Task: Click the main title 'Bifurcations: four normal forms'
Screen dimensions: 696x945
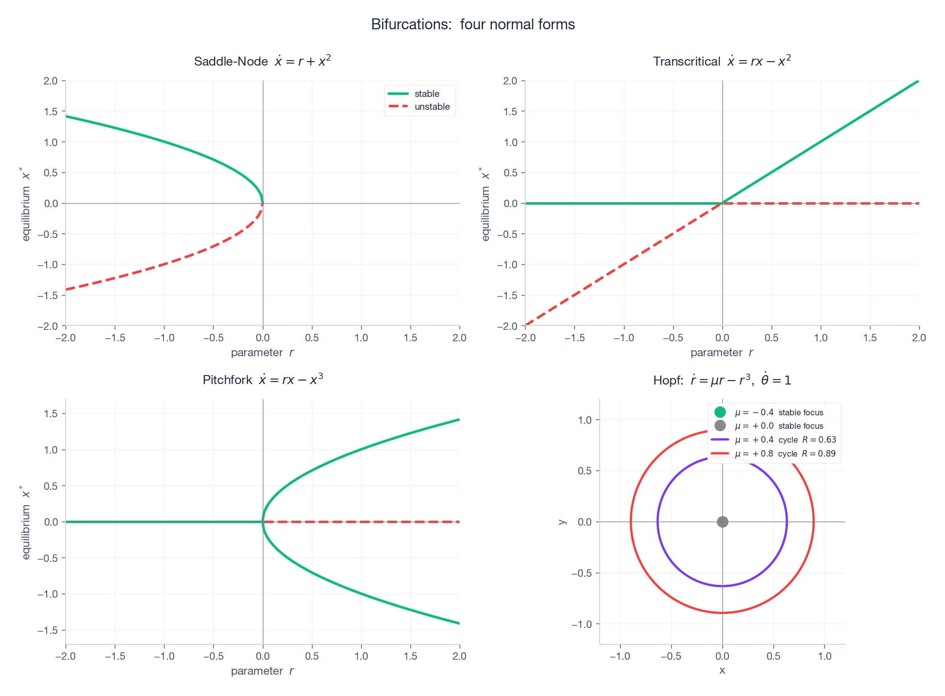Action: [472, 24]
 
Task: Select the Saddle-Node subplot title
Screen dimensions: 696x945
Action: [262, 61]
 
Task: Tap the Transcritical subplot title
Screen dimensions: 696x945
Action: [721, 61]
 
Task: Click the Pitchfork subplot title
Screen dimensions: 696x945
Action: [262, 380]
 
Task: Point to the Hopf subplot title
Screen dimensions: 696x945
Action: [721, 380]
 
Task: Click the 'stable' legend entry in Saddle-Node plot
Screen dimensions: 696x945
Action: [426, 94]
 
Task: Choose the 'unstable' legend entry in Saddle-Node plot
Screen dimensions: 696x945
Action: [432, 107]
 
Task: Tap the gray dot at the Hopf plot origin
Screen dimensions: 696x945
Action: [722, 522]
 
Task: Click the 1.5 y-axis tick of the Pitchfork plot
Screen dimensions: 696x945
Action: [52, 414]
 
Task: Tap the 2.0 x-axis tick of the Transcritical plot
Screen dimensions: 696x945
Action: [919, 338]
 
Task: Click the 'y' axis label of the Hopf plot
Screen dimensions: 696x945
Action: [562, 522]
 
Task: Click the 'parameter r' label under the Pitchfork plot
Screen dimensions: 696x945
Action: [262, 671]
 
